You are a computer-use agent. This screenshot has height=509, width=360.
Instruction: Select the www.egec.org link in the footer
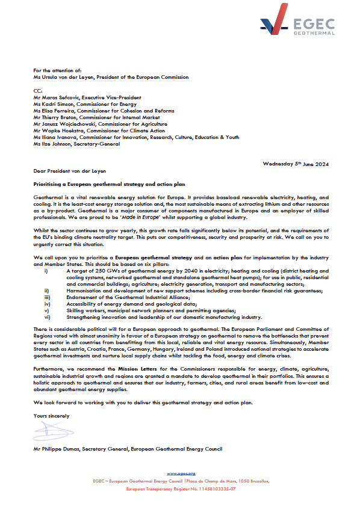pyautogui.click(x=181, y=475)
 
